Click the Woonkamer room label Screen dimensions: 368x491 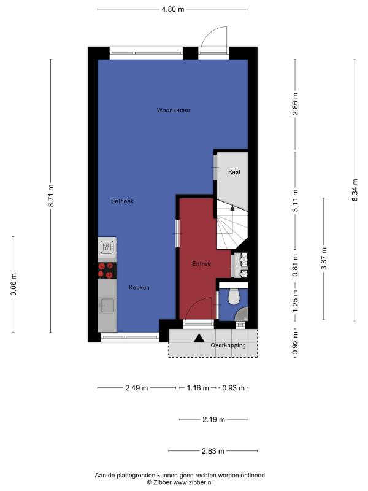coord(174,110)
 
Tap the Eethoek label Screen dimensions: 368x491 coord(122,201)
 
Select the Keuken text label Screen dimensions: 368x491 coord(139,287)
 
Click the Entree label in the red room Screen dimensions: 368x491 coord(201,264)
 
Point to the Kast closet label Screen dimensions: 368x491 coord(234,172)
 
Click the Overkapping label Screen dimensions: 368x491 coord(228,346)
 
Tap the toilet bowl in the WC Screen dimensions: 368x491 coord(234,296)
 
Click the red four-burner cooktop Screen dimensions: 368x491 coord(107,271)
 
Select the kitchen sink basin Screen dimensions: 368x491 coord(107,305)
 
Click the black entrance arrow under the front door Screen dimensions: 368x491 coord(199,338)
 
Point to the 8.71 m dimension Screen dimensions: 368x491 coord(51,196)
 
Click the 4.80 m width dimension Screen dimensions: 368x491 coord(173,9)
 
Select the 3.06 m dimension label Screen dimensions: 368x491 coord(13,284)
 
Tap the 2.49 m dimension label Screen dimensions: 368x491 coord(136,388)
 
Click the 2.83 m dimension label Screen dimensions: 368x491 coord(213,451)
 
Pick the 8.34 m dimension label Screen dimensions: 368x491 coord(355,190)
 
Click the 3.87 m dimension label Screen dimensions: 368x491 coord(324,258)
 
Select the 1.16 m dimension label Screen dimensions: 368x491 coord(197,388)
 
